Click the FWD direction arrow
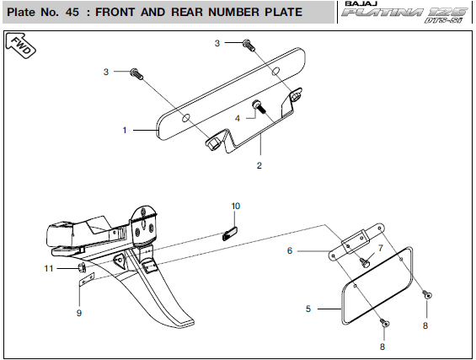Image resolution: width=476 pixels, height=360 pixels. pyautogui.click(x=21, y=46)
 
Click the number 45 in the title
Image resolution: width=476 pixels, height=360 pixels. pyautogui.click(x=72, y=12)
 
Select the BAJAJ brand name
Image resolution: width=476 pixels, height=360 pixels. pyautogui.click(x=361, y=3)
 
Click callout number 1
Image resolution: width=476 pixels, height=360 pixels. pyautogui.click(x=125, y=130)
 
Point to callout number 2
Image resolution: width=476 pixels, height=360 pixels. pyautogui.click(x=259, y=165)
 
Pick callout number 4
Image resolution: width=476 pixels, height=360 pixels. pyautogui.click(x=238, y=118)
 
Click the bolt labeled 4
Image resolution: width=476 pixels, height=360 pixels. pyautogui.click(x=259, y=107)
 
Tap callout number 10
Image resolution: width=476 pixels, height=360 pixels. pyautogui.click(x=236, y=206)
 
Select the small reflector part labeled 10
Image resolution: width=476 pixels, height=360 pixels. pyautogui.click(x=230, y=234)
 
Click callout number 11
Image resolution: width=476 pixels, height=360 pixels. pyautogui.click(x=49, y=268)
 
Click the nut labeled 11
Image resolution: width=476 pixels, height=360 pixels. pyautogui.click(x=82, y=267)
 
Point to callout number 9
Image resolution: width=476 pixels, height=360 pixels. pyautogui.click(x=79, y=313)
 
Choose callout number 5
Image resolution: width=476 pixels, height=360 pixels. pyautogui.click(x=308, y=309)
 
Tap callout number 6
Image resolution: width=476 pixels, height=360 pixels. pyautogui.click(x=290, y=250)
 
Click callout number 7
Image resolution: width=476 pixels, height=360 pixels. pyautogui.click(x=381, y=248)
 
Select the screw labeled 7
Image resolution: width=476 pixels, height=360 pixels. pyautogui.click(x=364, y=262)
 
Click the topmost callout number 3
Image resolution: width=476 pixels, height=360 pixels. pyautogui.click(x=217, y=43)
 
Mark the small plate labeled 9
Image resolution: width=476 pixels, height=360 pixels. pyautogui.click(x=87, y=280)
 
